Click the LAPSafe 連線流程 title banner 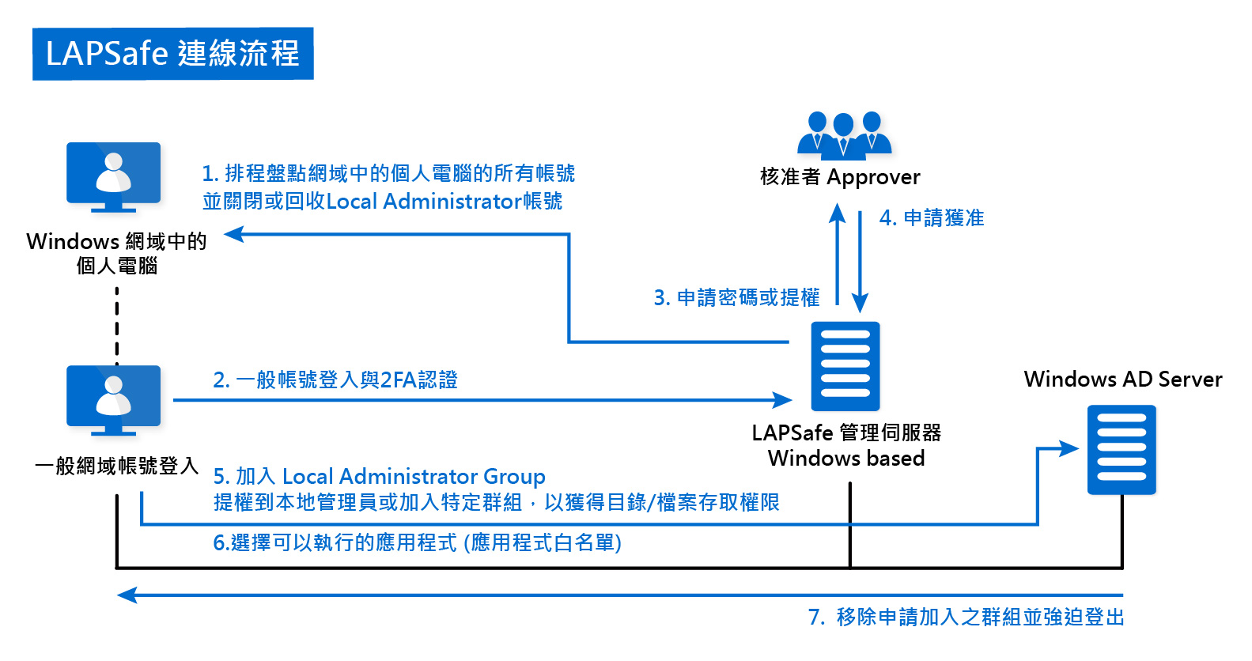(x=172, y=54)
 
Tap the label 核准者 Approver (x=840, y=177)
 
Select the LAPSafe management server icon (x=845, y=366)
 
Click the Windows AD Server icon (x=1122, y=449)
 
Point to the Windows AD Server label (x=1122, y=380)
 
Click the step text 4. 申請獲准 (x=932, y=218)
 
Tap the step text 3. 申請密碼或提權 (x=736, y=298)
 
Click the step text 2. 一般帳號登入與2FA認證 (x=335, y=380)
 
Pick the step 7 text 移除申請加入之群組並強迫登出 (x=966, y=617)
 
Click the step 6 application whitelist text (x=417, y=543)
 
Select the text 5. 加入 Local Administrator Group (x=379, y=477)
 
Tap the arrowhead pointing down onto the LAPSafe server (x=860, y=303)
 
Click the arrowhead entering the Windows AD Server (x=1069, y=449)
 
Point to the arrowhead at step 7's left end (x=127, y=595)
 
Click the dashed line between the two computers (x=117, y=324)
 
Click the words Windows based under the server (x=845, y=459)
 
